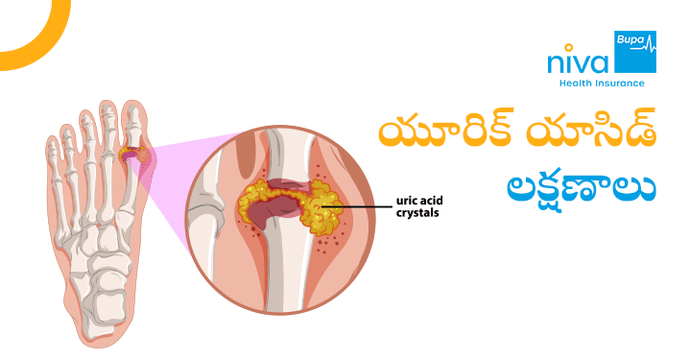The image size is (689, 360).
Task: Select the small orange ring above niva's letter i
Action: click(563, 49)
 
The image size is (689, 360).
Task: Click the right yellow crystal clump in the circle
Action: click(322, 204)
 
